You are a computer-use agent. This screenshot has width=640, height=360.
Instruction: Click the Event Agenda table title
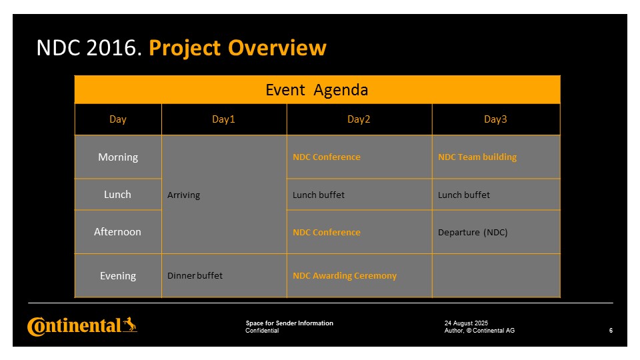[317, 90]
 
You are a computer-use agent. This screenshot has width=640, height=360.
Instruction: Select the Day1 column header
[223, 119]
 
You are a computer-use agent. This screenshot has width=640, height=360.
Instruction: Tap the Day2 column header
[359, 119]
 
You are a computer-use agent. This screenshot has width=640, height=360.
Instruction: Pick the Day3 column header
[495, 119]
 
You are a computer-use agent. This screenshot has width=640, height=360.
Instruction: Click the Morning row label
[118, 157]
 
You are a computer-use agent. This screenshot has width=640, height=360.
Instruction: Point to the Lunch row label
[117, 194]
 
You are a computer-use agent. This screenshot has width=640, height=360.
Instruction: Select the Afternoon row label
[117, 232]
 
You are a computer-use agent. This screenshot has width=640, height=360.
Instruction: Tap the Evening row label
[118, 276]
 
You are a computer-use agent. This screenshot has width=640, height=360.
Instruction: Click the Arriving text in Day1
[184, 195]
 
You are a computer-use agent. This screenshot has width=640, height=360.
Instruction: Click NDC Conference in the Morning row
[327, 157]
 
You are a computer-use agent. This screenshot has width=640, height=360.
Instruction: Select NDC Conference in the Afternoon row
[327, 232]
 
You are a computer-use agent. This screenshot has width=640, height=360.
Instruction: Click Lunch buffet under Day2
[319, 195]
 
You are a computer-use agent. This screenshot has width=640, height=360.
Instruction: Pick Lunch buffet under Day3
[464, 195]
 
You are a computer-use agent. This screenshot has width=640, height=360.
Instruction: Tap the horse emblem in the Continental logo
[130, 325]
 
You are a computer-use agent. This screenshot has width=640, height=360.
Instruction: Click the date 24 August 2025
[466, 323]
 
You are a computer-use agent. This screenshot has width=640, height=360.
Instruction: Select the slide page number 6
[611, 331]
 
